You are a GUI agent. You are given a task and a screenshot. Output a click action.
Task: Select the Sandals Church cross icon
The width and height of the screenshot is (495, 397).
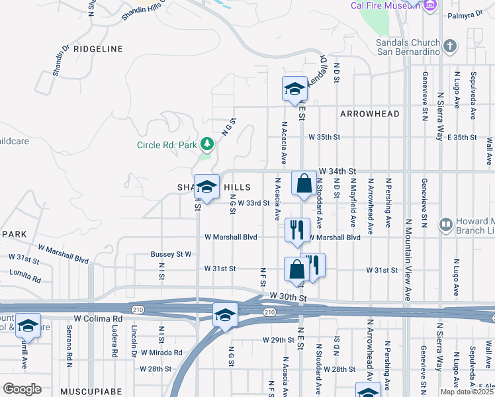click(x=450, y=46)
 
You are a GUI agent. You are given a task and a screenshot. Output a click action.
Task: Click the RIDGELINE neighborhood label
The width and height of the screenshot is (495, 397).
click(x=99, y=49)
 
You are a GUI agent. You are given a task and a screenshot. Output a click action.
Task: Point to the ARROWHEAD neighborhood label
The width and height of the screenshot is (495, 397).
click(x=370, y=114)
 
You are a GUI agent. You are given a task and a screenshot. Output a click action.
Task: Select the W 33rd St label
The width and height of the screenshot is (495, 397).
click(x=254, y=203)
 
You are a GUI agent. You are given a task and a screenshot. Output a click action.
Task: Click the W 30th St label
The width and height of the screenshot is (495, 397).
click(x=289, y=298)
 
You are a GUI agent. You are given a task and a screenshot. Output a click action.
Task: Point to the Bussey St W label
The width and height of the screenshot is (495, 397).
click(x=171, y=254)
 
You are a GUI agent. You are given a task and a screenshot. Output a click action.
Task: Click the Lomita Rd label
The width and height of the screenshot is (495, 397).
click(x=24, y=272)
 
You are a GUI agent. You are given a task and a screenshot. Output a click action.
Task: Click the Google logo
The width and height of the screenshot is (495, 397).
click(x=22, y=388)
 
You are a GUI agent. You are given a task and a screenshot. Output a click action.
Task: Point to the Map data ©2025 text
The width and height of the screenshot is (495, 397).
click(x=467, y=392)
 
